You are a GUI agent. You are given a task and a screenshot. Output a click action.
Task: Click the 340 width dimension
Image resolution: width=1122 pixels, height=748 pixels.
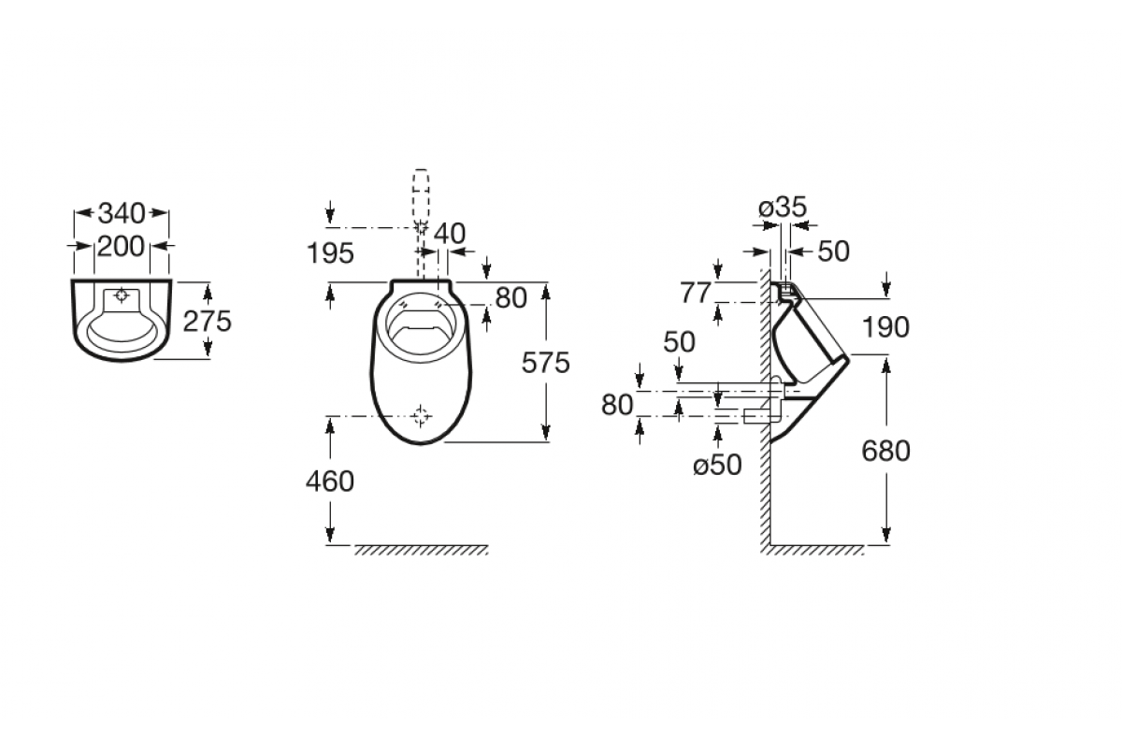tap(122, 213)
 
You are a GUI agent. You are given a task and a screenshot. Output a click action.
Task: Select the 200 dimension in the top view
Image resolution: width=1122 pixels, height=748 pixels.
tap(121, 247)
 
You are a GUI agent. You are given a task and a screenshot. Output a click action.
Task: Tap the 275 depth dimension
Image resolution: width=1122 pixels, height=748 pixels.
tap(207, 321)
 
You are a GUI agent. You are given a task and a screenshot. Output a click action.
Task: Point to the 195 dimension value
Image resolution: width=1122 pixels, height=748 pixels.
tap(330, 253)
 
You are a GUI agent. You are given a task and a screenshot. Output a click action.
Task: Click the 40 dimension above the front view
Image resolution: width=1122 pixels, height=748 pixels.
tap(450, 234)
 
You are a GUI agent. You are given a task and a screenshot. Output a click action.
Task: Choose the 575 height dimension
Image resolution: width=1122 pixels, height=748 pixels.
tap(545, 363)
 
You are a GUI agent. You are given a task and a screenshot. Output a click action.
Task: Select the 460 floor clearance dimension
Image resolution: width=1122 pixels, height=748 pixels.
tap(330, 482)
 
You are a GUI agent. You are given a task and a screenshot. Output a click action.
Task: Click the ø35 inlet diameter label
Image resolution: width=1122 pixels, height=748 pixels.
tap(783, 207)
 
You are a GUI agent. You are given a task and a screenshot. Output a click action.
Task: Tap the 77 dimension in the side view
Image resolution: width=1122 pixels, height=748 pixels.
tap(695, 293)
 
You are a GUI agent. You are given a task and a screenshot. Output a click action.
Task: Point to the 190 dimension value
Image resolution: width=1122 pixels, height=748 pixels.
tap(885, 327)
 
